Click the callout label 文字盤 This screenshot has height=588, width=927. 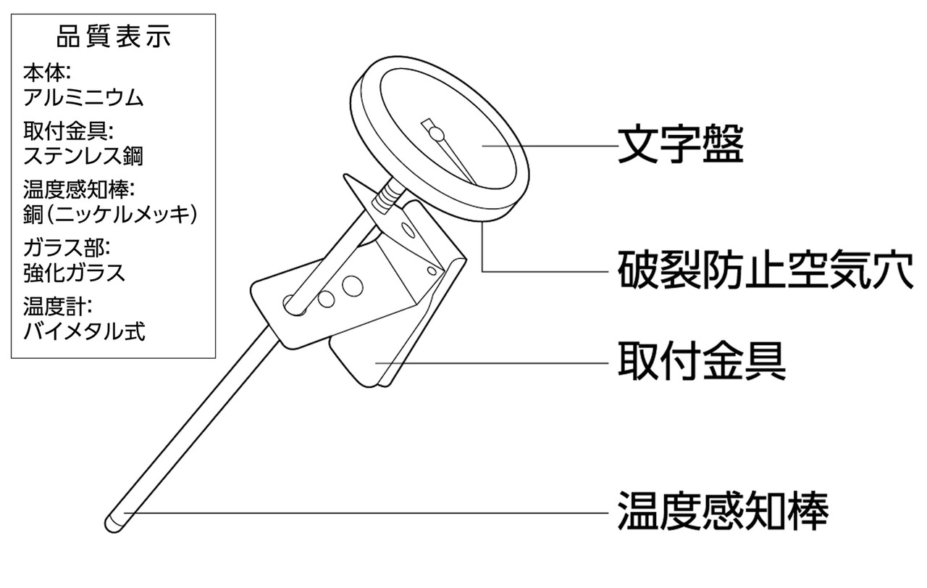680,146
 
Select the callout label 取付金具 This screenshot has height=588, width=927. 701,362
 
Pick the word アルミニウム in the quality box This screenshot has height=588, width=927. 83,96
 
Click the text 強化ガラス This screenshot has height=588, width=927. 75,273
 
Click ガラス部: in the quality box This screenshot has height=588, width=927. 66,249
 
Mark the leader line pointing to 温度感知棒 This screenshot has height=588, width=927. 362,513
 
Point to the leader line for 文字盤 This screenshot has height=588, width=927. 550,146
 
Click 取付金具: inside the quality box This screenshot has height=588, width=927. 70,131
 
